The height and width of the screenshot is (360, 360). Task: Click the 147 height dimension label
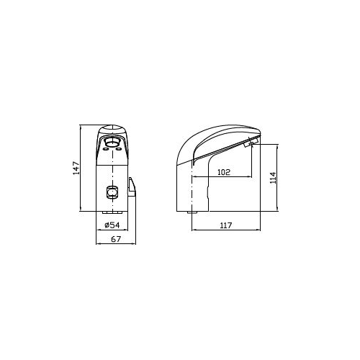[76, 168]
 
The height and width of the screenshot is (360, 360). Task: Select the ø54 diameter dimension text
[112, 225]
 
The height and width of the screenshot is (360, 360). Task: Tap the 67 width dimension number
[116, 239]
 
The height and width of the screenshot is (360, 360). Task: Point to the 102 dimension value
[224, 172]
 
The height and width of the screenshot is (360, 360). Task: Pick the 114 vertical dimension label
[273, 178]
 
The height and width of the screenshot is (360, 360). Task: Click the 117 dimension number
[226, 225]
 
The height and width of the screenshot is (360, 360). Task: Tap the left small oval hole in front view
[105, 149]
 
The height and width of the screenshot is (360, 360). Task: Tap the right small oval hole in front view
[119, 149]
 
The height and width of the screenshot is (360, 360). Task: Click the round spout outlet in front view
[112, 143]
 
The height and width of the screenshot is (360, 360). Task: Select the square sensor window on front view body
[112, 192]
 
